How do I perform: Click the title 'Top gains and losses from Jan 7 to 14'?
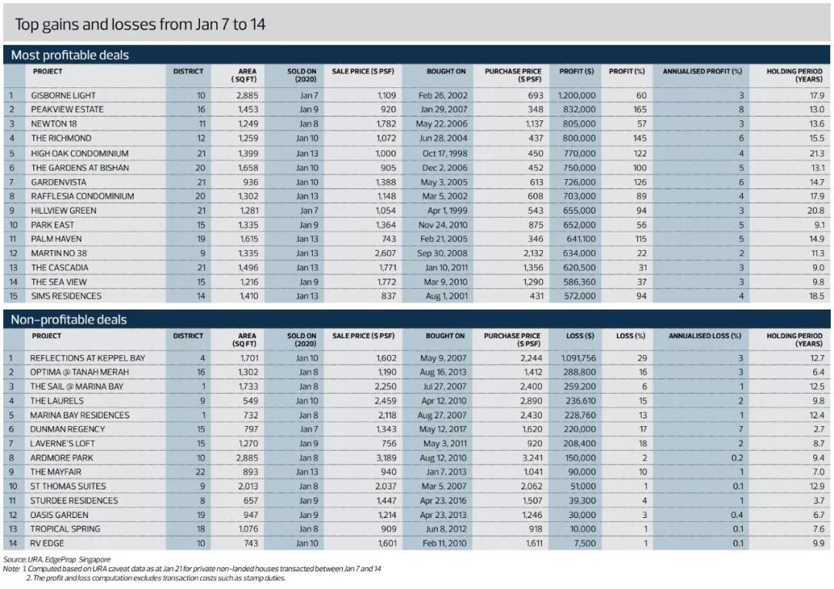140,24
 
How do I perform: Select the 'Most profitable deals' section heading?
69,56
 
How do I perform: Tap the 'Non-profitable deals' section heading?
68,320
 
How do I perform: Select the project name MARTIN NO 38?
59,253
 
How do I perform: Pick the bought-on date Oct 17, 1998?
442,153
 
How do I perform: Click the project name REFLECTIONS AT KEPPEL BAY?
87,358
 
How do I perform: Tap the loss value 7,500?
585,543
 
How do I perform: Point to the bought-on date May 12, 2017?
443,429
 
